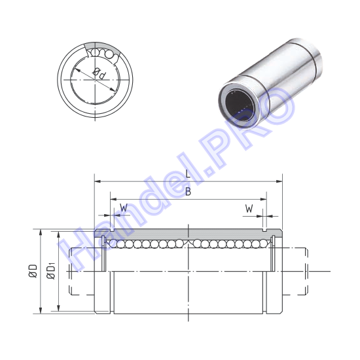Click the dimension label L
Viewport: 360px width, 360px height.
point(188,173)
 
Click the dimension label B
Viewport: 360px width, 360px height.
point(188,191)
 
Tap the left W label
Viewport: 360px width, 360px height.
point(124,208)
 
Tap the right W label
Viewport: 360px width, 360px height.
point(249,209)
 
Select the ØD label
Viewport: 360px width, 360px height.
point(33,271)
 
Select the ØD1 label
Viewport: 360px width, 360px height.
point(51,272)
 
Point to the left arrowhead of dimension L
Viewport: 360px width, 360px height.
point(98,181)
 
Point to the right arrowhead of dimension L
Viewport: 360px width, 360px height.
point(279,181)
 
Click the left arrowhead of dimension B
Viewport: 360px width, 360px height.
point(113,199)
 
